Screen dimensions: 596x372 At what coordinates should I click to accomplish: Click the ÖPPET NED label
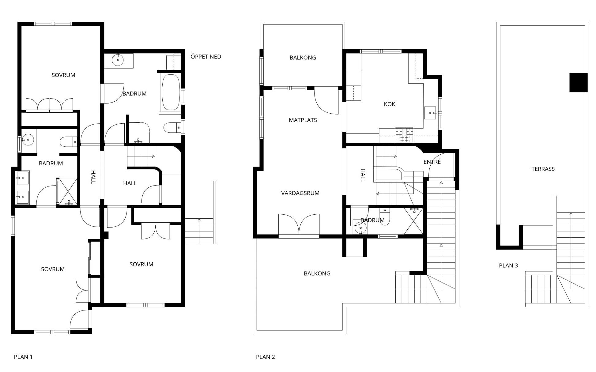tap(206, 57)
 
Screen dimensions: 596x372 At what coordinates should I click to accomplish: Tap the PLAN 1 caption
tap(23, 357)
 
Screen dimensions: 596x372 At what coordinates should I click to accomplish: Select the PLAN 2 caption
tap(266, 357)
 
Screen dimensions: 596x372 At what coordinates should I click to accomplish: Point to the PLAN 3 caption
tap(508, 265)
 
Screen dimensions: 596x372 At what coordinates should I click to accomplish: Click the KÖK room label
tap(390, 104)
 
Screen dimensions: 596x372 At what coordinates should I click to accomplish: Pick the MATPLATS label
tap(303, 120)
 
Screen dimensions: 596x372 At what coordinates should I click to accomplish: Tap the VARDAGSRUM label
tap(300, 193)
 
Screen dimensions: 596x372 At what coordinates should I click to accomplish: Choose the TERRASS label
tap(543, 169)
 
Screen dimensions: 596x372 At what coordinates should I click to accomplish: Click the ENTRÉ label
tap(432, 162)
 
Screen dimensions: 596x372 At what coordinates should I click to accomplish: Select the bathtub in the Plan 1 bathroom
tap(171, 92)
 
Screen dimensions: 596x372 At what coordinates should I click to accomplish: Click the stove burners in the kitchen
tap(404, 135)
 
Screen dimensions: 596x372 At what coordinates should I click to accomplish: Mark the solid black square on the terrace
tap(579, 83)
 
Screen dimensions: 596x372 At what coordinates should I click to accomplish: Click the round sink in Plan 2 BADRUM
tap(360, 228)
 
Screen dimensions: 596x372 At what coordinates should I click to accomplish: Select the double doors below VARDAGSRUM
tap(299, 225)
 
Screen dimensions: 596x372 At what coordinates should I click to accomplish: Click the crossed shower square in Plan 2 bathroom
tap(413, 221)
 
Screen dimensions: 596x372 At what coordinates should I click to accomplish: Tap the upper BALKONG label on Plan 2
tap(303, 58)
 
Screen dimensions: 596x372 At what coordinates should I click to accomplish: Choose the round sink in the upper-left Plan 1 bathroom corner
tap(118, 60)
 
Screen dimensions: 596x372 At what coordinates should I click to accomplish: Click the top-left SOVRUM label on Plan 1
tap(63, 75)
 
